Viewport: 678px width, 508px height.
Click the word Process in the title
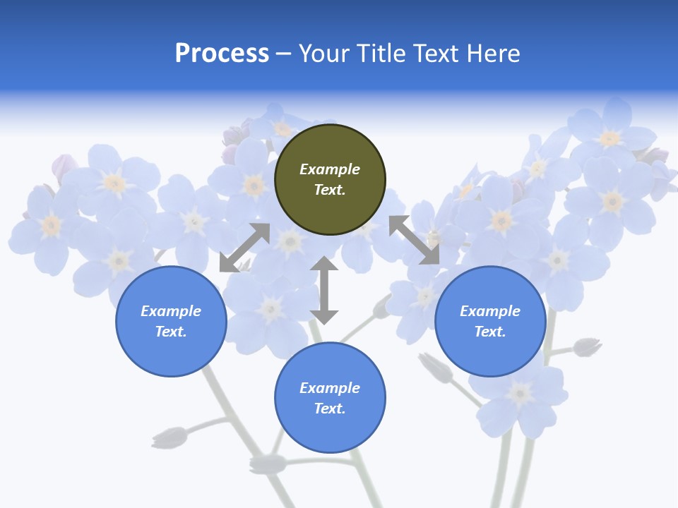point(222,54)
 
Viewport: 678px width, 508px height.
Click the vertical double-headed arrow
point(324,290)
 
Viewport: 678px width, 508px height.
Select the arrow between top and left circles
point(244,248)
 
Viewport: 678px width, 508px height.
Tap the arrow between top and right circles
point(414,240)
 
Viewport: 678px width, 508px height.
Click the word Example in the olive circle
point(330,169)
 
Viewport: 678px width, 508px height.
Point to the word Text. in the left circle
point(171,332)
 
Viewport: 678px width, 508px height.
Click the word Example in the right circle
point(490,311)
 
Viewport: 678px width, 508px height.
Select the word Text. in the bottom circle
point(330,409)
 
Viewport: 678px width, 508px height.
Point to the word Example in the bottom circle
point(330,388)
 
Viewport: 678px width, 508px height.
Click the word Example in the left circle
point(171,311)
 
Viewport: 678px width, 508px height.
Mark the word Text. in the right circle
point(490,332)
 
